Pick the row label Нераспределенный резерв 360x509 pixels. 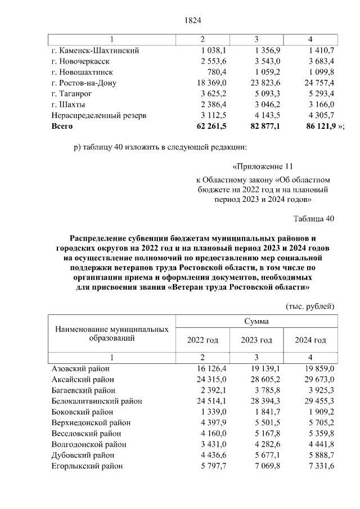98,115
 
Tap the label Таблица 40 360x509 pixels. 314,219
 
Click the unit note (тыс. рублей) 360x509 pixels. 310,306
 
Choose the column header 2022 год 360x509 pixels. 202,340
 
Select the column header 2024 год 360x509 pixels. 310,340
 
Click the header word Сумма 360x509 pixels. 256,322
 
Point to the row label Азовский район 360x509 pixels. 80,369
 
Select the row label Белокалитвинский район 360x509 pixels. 96,401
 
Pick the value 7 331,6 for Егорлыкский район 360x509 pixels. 317,466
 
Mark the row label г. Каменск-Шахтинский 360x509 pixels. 95,51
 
